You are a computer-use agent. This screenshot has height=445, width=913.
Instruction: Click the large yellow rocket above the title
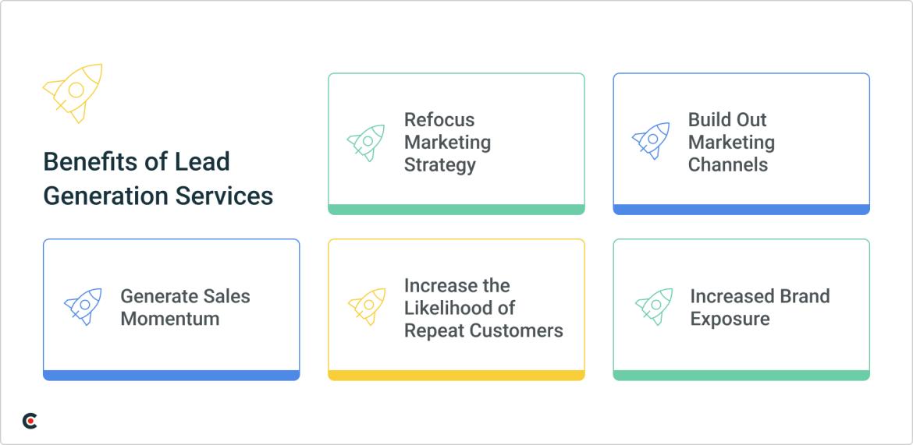tap(73, 92)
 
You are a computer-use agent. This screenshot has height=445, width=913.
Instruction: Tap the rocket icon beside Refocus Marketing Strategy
tap(366, 143)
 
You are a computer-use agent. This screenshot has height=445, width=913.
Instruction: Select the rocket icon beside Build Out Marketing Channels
tap(651, 141)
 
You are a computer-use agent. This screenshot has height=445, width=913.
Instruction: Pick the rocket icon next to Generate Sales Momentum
tap(83, 307)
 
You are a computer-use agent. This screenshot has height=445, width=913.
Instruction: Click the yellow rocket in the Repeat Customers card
tap(367, 307)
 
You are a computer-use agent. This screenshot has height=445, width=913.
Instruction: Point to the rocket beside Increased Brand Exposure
tap(654, 307)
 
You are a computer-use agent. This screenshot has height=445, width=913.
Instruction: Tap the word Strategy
tap(440, 165)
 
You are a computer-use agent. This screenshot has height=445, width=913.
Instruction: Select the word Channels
tap(727, 165)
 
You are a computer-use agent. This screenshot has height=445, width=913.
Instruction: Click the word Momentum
tap(170, 319)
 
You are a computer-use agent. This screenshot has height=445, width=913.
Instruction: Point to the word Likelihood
tap(460, 308)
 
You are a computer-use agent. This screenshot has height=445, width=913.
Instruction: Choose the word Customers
tap(517, 330)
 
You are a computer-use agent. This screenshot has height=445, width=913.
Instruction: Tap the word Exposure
tap(730, 319)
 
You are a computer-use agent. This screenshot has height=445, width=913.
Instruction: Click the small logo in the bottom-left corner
tap(30, 421)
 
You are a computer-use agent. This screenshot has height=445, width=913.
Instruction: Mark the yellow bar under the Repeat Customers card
tap(456, 376)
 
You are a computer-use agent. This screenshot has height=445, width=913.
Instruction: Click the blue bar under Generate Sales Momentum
tap(171, 376)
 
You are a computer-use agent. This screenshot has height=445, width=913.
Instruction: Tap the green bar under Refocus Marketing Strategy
tap(456, 210)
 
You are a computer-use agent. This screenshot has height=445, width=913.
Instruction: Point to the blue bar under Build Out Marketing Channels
tap(741, 210)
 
